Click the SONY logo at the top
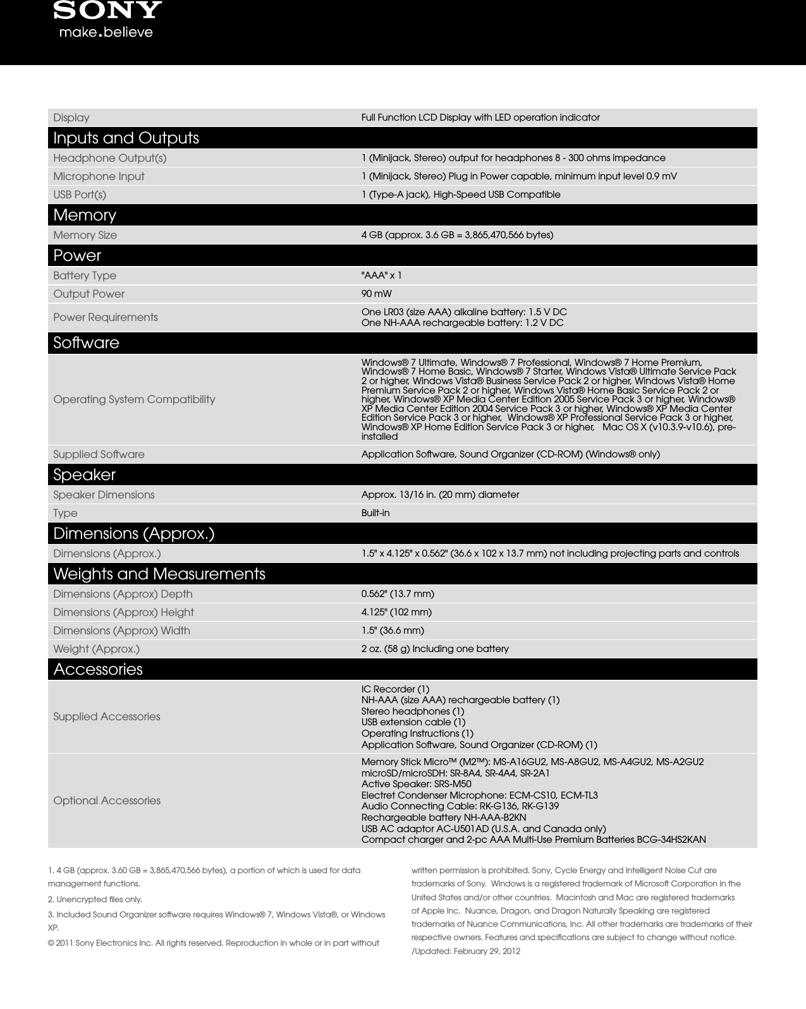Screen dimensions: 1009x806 click(107, 10)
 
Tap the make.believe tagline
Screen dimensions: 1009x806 click(106, 32)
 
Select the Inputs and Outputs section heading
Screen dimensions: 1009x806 click(126, 138)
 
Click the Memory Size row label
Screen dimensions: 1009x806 click(85, 235)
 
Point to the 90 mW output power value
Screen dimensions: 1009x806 click(376, 294)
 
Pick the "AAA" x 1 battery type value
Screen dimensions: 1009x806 click(381, 275)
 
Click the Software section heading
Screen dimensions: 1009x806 click(86, 342)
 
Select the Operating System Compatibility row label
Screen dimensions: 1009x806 click(134, 399)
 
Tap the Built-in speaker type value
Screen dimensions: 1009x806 click(376, 513)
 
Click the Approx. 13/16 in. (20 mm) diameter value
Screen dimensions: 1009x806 click(440, 495)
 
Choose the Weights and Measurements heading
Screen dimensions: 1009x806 click(159, 574)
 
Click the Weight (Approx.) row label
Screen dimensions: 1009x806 click(96, 649)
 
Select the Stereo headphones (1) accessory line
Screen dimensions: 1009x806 click(412, 711)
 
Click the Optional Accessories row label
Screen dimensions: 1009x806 click(107, 801)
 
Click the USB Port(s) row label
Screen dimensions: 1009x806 click(80, 195)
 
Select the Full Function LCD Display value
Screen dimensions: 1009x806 click(480, 118)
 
